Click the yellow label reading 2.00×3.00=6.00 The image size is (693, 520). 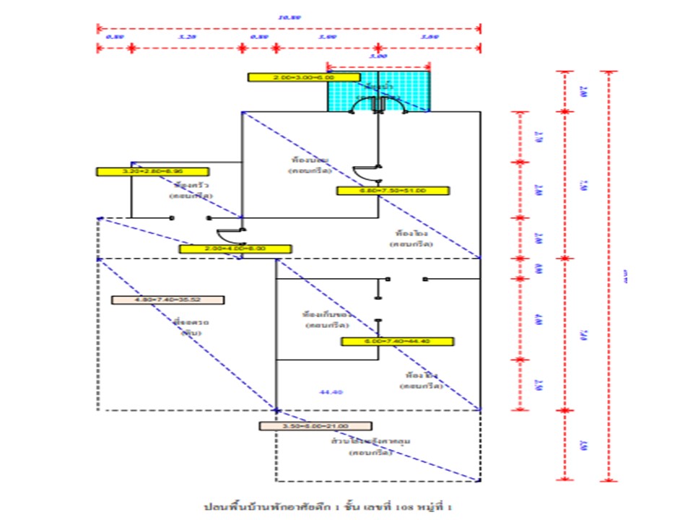tap(303, 77)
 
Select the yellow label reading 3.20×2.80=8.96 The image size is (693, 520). tap(152, 172)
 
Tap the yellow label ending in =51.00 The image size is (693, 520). tap(393, 191)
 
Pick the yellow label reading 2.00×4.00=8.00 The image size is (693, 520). tap(235, 248)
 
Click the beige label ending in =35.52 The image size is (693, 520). tap(167, 300)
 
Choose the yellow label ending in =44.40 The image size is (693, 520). tap(397, 342)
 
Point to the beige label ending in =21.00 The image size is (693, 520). tap(315, 426)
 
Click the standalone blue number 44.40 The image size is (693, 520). tap(331, 391)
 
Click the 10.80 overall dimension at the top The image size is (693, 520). tap(289, 17)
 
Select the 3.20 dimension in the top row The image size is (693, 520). tap(186, 36)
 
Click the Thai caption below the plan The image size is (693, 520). tap(331, 506)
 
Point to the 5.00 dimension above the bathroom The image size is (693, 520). tap(378, 56)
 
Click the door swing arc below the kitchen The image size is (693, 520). tap(232, 236)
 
